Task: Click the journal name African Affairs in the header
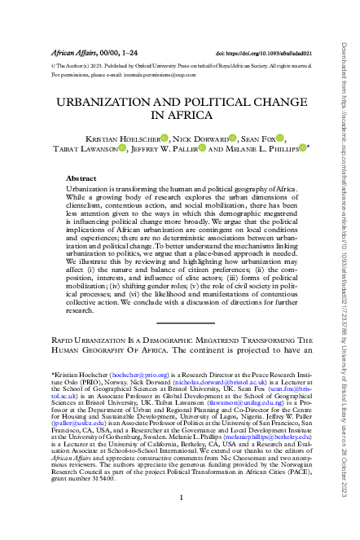coord(72,50)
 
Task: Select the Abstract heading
coord(81,178)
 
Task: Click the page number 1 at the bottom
coord(180,519)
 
